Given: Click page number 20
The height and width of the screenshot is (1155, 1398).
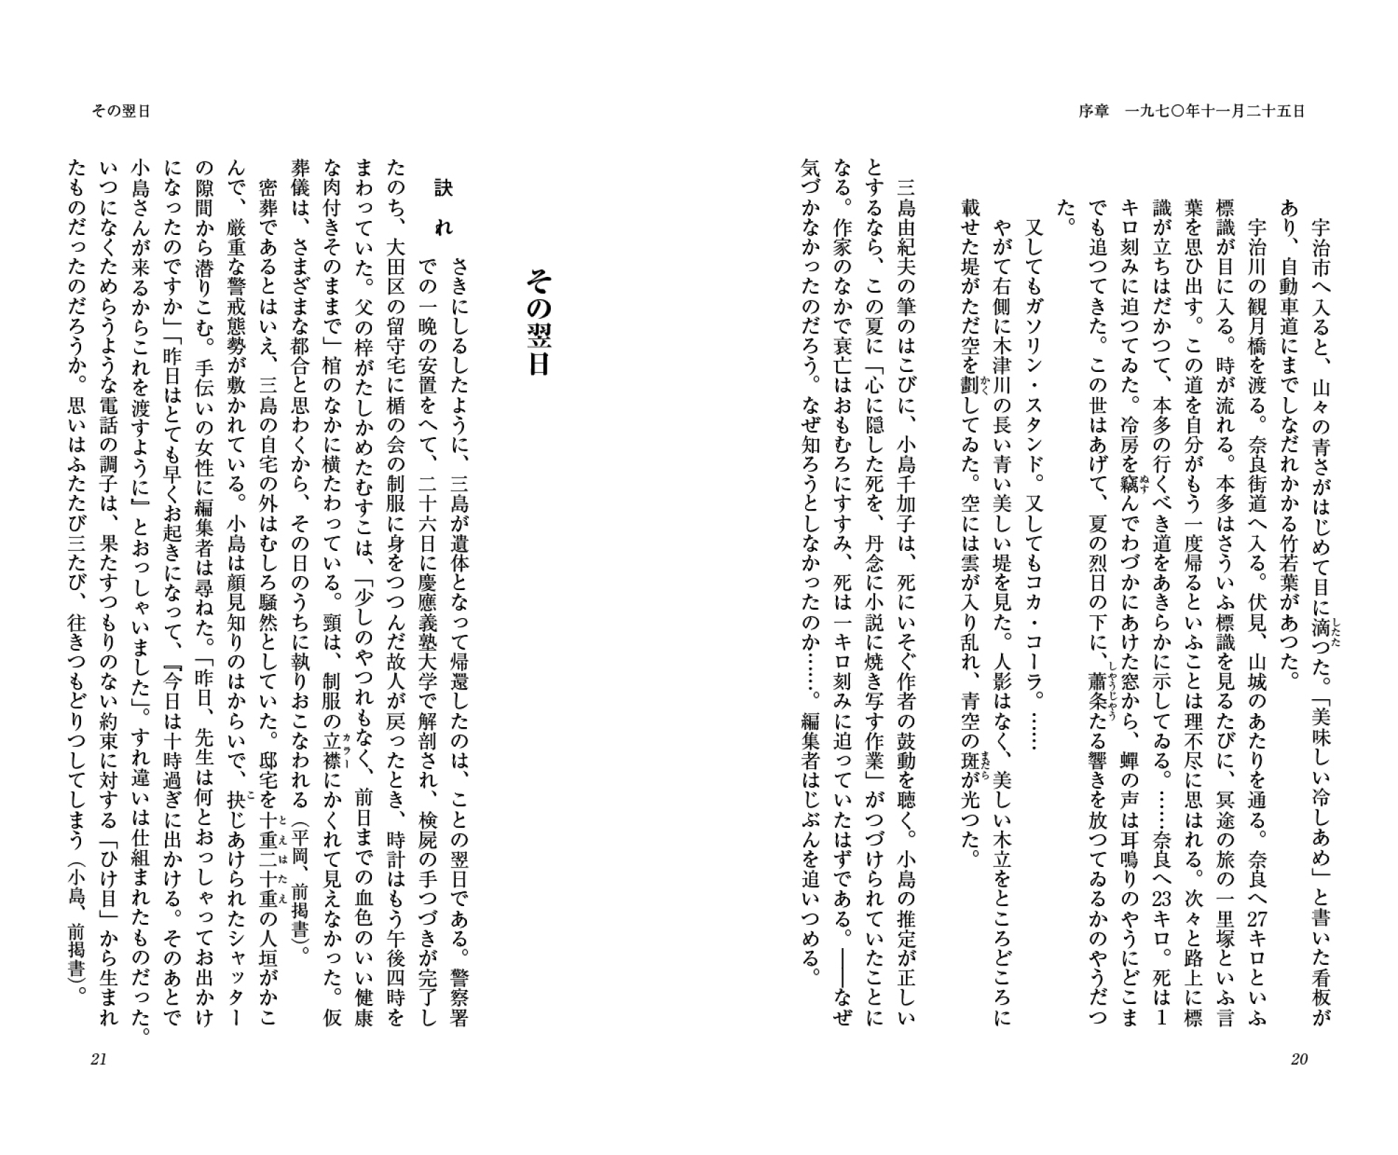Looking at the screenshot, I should pos(1298,1059).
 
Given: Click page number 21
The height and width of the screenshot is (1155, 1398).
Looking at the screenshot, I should pos(99,1059).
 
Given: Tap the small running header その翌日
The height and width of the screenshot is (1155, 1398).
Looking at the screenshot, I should pos(121,111).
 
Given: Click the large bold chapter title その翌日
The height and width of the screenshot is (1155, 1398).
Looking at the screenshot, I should pos(538,322).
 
